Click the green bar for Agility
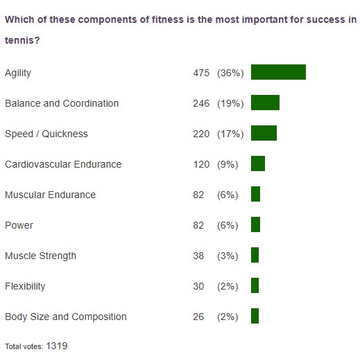(x=278, y=72)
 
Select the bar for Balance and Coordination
(x=265, y=103)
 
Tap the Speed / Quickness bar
(x=264, y=133)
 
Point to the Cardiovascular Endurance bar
(x=258, y=163)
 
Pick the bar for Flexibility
(x=255, y=285)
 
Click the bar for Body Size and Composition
(x=255, y=316)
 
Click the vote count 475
(x=201, y=73)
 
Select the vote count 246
(x=201, y=103)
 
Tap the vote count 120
(x=201, y=164)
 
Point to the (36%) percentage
(x=230, y=73)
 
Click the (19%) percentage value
(x=230, y=103)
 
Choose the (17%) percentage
(x=230, y=134)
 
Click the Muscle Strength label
(x=40, y=256)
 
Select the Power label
(x=19, y=225)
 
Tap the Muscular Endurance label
(x=50, y=195)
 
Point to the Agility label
(x=18, y=73)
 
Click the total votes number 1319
(x=57, y=345)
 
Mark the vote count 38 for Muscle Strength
(x=198, y=256)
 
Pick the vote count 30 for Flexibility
(x=198, y=286)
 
